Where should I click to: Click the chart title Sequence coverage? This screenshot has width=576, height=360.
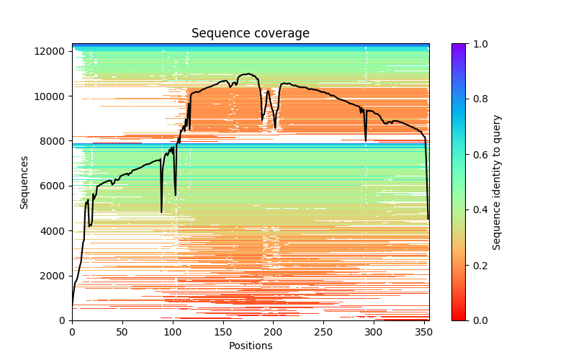tap(250, 34)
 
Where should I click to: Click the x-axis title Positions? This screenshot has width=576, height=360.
tap(250, 346)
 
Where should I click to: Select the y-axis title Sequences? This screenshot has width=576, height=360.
tap(24, 182)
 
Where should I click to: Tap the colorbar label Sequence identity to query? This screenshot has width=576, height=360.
tap(497, 182)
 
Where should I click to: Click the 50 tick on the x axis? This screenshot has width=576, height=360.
tap(122, 332)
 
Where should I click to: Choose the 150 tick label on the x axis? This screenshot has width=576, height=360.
tap(222, 332)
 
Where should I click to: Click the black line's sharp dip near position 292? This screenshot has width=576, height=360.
tap(366, 140)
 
